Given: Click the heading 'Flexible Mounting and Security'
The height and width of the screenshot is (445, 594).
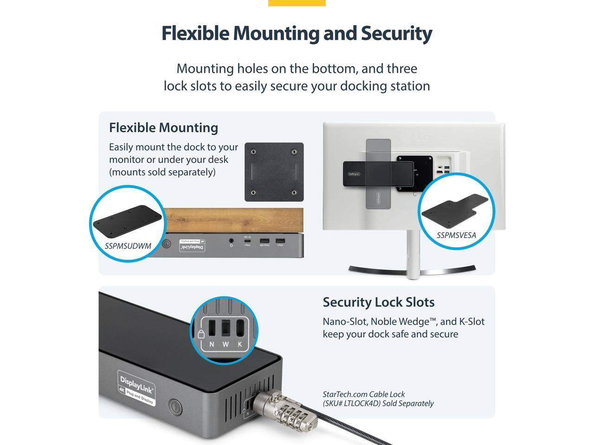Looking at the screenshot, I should (x=297, y=33).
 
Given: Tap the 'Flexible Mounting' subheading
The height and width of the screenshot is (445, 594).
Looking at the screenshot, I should (x=163, y=127).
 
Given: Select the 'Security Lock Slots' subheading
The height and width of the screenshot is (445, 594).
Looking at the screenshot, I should (x=378, y=302).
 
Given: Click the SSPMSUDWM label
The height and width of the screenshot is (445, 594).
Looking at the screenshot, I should (x=128, y=246).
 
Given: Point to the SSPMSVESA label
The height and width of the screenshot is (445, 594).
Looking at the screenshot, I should (x=456, y=235).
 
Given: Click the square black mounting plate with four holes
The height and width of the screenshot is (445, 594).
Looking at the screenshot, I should (x=274, y=172).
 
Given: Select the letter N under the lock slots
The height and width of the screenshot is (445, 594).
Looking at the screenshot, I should (x=212, y=344).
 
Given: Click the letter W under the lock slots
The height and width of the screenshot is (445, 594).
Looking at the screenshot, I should (x=226, y=344).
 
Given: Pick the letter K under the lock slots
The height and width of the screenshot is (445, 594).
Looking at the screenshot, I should (x=240, y=344).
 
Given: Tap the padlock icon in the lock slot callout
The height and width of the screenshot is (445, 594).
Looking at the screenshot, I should (x=201, y=334).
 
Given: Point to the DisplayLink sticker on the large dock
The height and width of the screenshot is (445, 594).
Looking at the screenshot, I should (x=136, y=388).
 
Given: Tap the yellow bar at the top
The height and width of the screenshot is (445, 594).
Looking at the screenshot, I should (x=297, y=3).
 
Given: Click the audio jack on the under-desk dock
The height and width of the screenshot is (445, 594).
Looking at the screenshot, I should (x=232, y=241).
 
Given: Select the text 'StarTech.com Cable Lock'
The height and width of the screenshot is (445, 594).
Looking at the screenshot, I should (x=363, y=394).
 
